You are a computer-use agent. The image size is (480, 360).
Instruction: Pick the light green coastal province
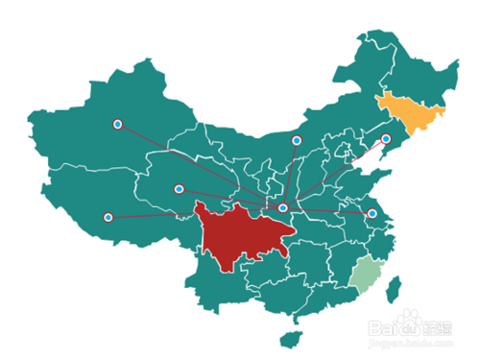(x=365, y=276)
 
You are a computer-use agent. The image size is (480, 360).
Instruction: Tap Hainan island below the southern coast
(x=287, y=338)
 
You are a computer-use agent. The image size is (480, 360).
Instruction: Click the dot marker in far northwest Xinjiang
(x=117, y=124)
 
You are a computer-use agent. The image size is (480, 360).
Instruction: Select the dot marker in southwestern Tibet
(x=108, y=218)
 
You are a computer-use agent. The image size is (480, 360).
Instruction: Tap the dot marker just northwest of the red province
(x=179, y=189)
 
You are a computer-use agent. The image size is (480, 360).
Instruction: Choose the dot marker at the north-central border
(x=297, y=141)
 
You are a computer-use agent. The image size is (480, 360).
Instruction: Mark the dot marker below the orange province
(x=386, y=139)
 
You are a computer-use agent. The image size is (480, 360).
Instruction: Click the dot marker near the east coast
(x=372, y=214)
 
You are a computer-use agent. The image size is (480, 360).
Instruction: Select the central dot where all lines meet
(x=283, y=207)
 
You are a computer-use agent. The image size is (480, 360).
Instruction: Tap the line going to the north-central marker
(x=290, y=175)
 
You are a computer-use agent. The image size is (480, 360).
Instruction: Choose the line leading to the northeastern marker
(x=336, y=173)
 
